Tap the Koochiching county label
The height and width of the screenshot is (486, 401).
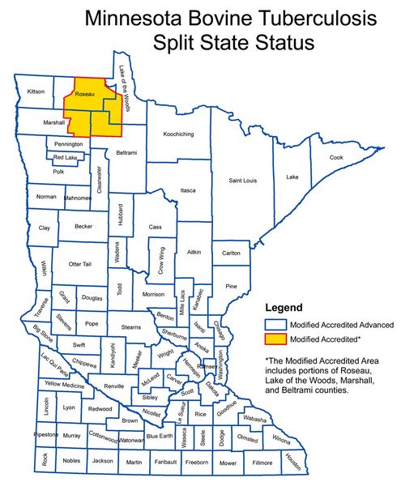[x=181, y=134]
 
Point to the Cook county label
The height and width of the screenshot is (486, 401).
[x=336, y=157]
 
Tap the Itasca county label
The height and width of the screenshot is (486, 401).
[x=188, y=190]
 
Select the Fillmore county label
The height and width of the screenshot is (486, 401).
[x=262, y=463]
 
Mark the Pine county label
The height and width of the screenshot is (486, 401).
[x=231, y=286]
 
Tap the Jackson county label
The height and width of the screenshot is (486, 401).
[x=103, y=461]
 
